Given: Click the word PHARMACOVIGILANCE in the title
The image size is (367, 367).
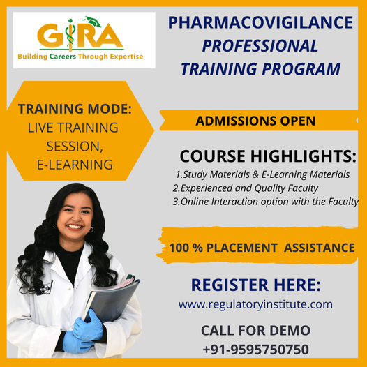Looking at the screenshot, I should click(261, 23).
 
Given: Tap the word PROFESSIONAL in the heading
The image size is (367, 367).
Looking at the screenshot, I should click(260, 46).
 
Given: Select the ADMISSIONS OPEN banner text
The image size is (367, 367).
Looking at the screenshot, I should click(255, 121).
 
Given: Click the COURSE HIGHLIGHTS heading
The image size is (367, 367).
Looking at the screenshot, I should click(268, 156).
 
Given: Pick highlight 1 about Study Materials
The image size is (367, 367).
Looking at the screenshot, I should click(262, 174).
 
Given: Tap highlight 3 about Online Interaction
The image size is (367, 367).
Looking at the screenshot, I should click(265, 202).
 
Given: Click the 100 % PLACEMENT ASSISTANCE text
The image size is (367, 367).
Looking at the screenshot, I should click(262, 247).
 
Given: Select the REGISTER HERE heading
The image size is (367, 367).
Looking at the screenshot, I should click(255, 285).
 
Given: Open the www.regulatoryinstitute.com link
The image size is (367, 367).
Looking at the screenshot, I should click(255, 304).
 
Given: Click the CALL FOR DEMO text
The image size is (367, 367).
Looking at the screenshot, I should click(255, 330).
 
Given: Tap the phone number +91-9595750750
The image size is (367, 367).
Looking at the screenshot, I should click(255, 348).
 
